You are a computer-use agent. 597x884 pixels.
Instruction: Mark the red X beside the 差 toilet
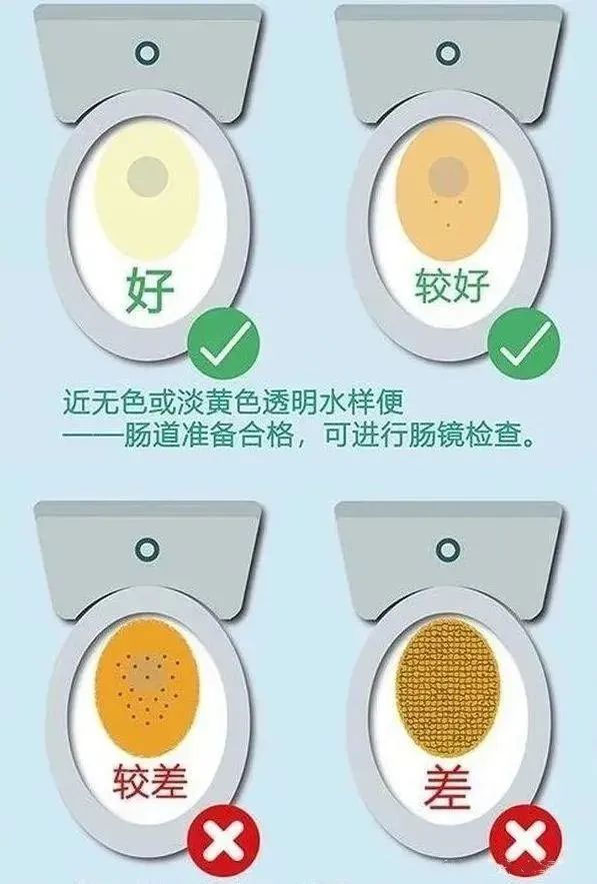[x=527, y=845]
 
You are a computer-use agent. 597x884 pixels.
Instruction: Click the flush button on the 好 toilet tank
[x=148, y=50]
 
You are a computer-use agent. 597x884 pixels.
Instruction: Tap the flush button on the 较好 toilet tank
[x=447, y=50]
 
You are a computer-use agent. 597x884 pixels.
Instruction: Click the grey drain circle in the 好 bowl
[x=148, y=176]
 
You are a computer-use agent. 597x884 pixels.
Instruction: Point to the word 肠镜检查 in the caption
[x=483, y=437]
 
